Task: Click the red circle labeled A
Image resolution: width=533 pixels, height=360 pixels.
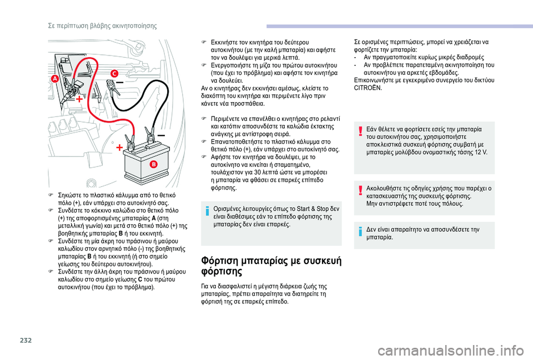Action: click(55, 79)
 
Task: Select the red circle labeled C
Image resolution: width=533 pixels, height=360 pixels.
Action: click(114, 73)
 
